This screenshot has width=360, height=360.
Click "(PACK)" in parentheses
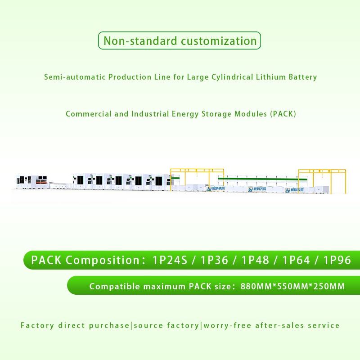283,113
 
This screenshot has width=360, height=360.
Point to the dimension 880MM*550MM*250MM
293,286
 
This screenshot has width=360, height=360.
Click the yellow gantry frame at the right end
323,178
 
